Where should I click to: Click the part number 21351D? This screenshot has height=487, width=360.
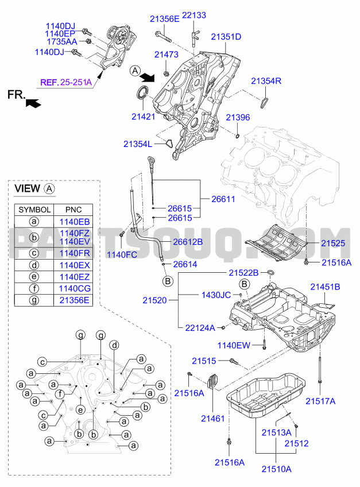tap(226, 37)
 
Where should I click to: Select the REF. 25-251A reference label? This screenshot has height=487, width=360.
tap(65, 83)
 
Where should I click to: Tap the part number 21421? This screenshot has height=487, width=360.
tap(143, 117)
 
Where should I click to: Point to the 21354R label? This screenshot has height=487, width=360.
tap(266, 81)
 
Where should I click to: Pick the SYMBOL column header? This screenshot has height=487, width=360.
tap(34, 210)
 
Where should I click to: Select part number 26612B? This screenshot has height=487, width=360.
tap(188, 242)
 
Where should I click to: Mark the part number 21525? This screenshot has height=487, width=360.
tap(332, 243)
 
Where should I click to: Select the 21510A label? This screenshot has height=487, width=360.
tap(277, 469)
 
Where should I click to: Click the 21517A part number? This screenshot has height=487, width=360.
tap(320, 401)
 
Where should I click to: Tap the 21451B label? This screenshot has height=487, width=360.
tap(325, 286)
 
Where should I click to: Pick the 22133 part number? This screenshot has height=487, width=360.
tap(194, 16)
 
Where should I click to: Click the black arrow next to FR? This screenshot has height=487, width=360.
tap(33, 103)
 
